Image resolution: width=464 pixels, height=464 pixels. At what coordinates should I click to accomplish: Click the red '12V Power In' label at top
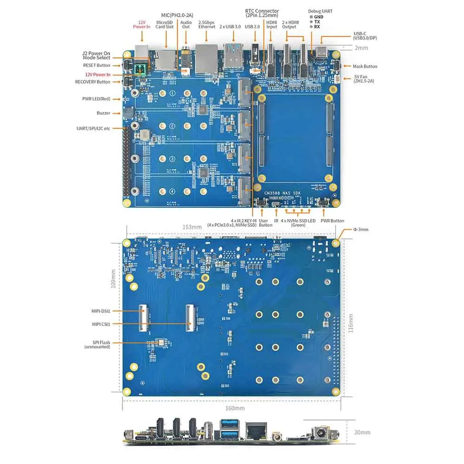point(142,24)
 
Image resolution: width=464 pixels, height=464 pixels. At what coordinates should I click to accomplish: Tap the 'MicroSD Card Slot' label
point(165,24)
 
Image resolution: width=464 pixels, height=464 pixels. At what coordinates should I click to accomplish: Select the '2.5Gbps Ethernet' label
point(207,24)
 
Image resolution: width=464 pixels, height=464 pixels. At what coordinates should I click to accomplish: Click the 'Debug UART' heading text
point(320,11)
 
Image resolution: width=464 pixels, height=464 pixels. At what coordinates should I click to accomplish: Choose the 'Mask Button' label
point(365,66)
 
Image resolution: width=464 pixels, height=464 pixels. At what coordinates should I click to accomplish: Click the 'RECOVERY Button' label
point(93,82)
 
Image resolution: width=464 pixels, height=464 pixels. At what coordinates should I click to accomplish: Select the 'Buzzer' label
point(103,113)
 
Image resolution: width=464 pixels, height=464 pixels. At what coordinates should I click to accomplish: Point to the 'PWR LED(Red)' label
point(97,99)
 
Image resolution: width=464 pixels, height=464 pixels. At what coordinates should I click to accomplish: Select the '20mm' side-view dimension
point(362,432)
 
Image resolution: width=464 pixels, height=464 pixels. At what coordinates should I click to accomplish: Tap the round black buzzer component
point(128,113)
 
